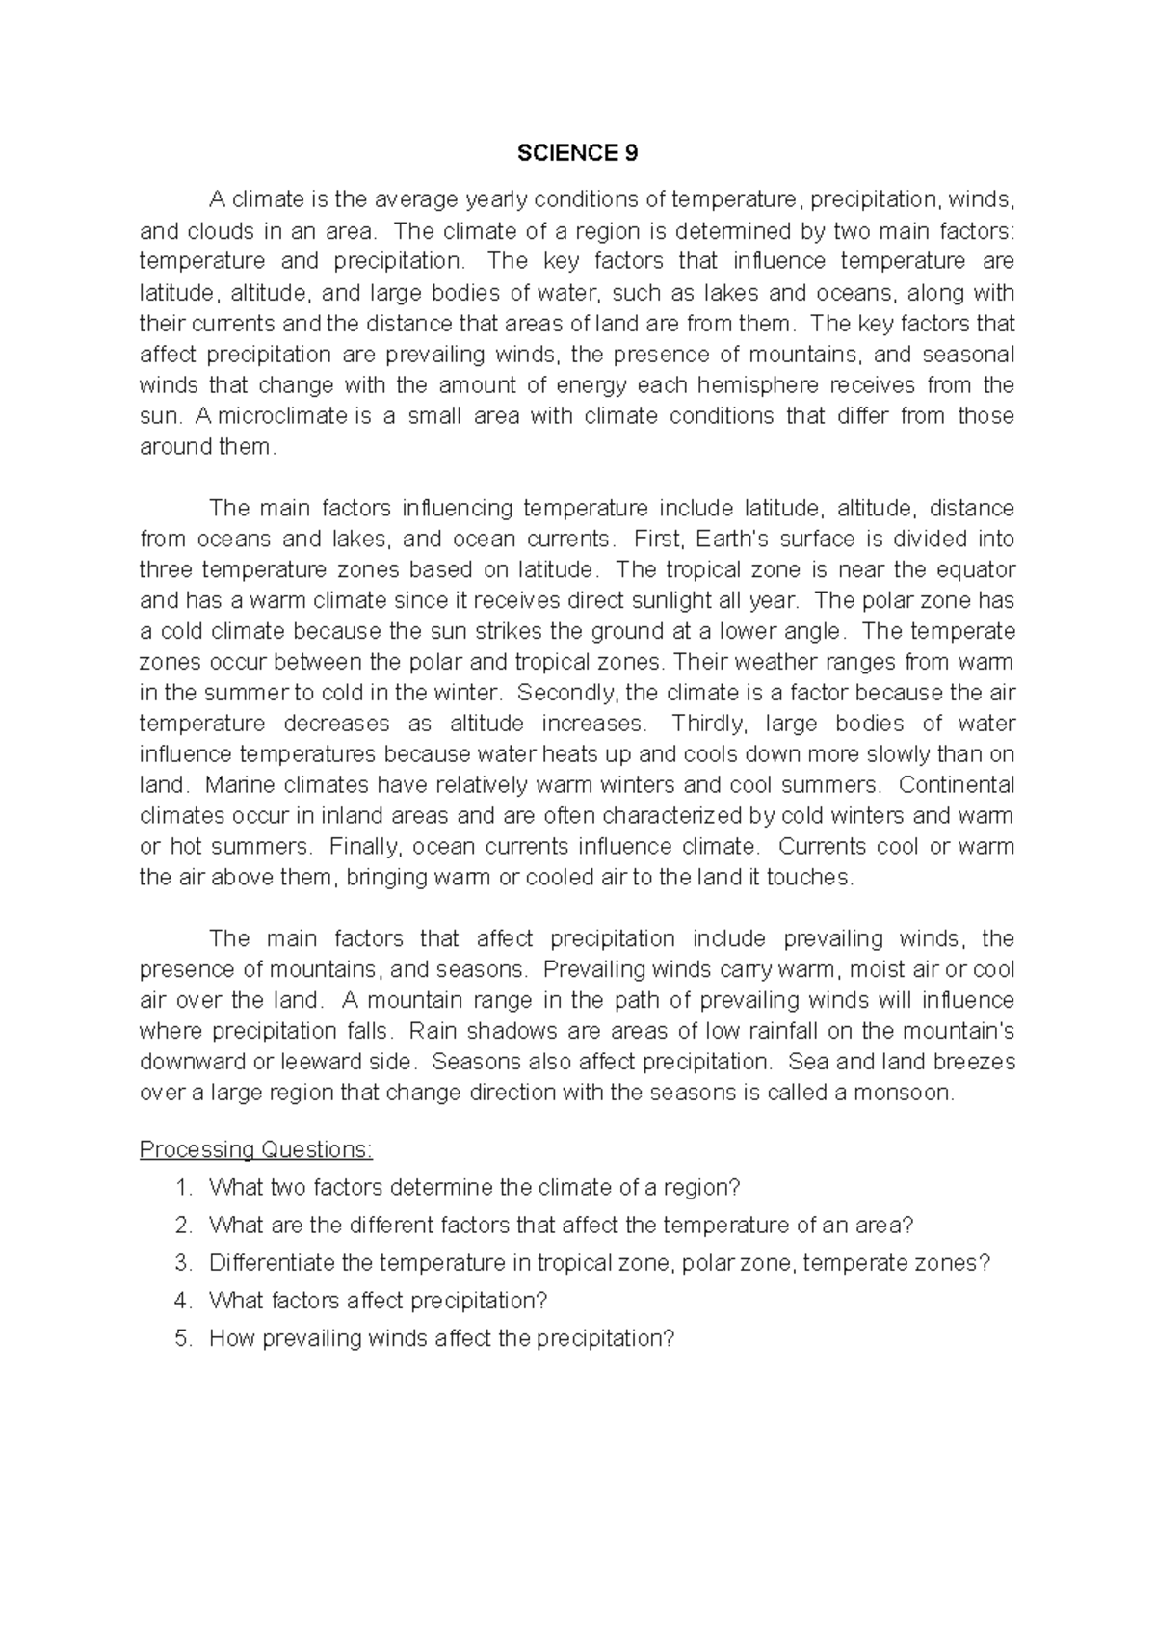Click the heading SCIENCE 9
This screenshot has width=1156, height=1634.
pos(577,153)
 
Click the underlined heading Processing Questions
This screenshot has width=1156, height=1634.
pos(255,1149)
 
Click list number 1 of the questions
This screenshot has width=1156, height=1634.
pos(185,1188)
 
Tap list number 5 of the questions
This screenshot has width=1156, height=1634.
pos(185,1338)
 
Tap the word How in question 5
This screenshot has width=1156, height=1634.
pos(229,1338)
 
